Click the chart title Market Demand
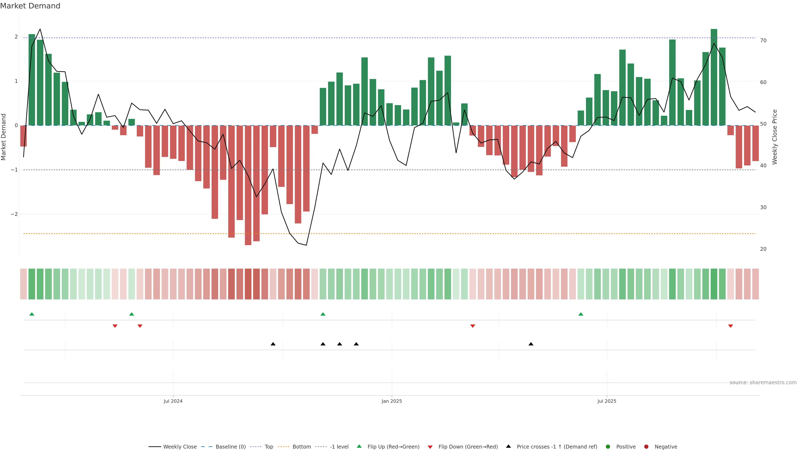(x=30, y=6)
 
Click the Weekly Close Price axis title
(x=774, y=137)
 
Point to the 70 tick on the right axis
(x=763, y=40)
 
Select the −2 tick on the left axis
(x=14, y=214)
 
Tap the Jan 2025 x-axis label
(x=392, y=401)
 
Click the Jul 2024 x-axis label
(x=173, y=401)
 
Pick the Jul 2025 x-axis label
(x=607, y=401)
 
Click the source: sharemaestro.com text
(x=763, y=383)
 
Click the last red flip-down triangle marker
(x=731, y=326)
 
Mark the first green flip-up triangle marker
(x=32, y=314)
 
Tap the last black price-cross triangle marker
(x=531, y=344)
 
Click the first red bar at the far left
(x=24, y=136)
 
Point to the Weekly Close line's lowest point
(x=306, y=245)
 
